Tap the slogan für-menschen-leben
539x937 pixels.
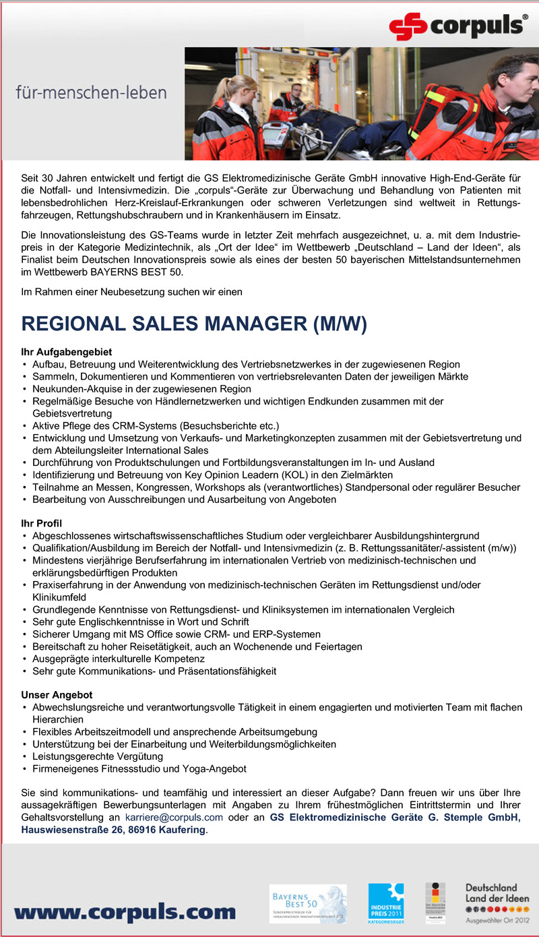(91, 91)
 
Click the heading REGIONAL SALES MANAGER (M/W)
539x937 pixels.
(194, 324)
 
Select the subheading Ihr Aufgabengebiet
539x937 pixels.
(66, 352)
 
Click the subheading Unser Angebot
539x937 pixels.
(57, 694)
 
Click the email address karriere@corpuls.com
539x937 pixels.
(174, 818)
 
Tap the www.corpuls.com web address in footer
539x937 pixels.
(125, 913)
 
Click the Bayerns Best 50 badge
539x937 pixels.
(307, 903)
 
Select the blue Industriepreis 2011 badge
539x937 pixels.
(385, 903)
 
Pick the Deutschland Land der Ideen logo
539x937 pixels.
(497, 902)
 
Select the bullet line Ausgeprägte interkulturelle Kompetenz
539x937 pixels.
(118, 659)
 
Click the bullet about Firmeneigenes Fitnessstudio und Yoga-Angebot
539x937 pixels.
(139, 768)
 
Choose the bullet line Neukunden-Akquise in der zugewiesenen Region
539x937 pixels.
(141, 389)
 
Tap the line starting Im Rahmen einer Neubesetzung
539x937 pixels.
(131, 292)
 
